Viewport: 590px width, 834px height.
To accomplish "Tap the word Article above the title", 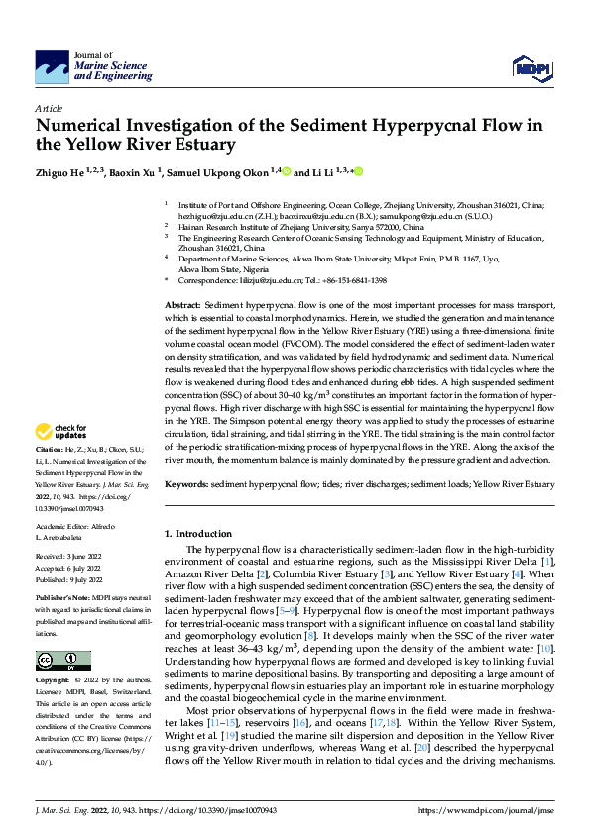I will click(x=49, y=107).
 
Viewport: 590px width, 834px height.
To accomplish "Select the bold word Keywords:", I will click(x=185, y=484).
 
